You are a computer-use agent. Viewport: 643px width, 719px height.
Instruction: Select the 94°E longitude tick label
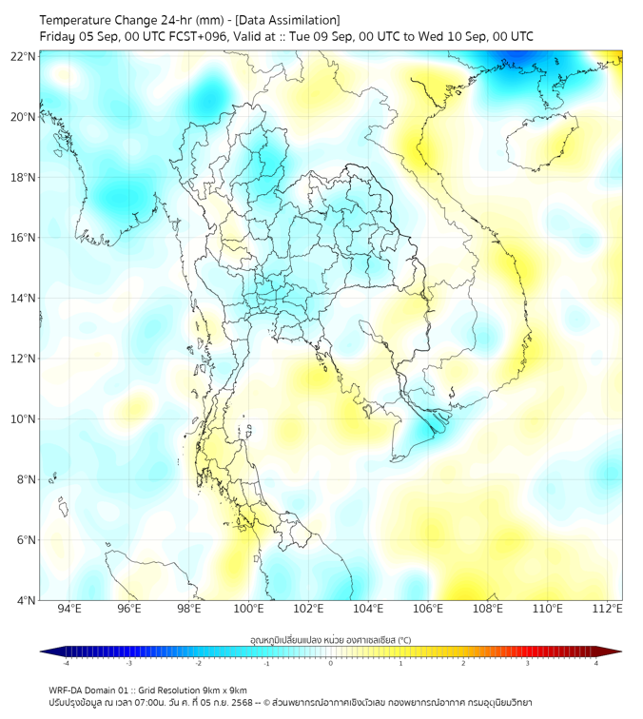pos(69,609)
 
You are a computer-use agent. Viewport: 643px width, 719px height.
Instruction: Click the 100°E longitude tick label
pos(248,609)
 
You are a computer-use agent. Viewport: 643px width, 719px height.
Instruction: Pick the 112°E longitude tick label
pos(607,609)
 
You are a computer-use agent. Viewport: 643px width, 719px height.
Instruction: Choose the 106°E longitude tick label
pos(428,609)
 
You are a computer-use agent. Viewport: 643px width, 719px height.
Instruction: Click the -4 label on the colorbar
pos(66,663)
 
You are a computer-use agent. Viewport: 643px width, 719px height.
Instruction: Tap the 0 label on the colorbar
pos(331,663)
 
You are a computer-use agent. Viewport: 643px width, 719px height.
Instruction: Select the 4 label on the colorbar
pos(596,663)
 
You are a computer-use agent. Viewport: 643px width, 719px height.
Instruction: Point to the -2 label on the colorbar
pos(198,663)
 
